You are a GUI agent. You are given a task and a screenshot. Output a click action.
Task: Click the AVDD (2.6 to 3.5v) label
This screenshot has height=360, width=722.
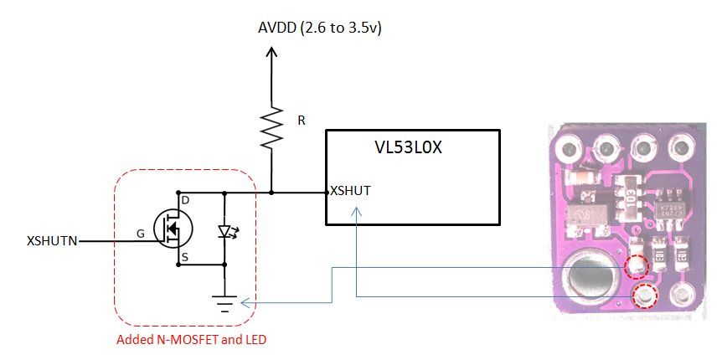[321, 29]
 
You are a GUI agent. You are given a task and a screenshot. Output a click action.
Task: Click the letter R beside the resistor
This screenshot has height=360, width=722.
[302, 121]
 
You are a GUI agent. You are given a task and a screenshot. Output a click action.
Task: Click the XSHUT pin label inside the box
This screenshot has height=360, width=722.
[350, 191]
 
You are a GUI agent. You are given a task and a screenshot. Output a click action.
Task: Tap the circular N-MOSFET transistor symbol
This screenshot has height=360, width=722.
[173, 227]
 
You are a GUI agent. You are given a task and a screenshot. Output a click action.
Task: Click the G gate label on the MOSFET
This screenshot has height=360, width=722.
[140, 234]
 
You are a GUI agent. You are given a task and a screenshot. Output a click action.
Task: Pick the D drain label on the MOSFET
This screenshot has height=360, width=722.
[186, 201]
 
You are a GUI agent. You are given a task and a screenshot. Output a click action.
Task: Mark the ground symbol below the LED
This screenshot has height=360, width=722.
[225, 303]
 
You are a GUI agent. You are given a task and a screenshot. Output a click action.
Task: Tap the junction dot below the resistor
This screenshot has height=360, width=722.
[271, 192]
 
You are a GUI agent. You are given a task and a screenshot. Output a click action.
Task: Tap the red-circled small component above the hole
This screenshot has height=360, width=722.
[637, 265]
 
